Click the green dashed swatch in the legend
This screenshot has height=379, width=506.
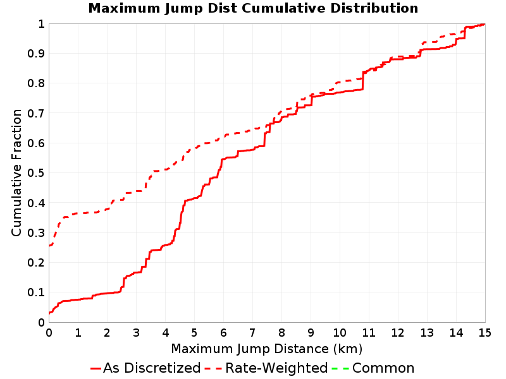(340, 368)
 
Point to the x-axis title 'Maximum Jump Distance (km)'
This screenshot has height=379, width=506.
(266, 349)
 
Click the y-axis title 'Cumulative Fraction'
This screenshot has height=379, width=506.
(16, 172)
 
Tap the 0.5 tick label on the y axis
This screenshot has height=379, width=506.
(36, 172)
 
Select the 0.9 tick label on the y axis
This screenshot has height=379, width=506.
(36, 53)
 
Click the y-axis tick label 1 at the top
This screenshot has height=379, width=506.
(41, 23)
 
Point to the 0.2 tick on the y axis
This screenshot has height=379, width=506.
(36, 262)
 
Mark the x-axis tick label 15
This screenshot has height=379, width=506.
(484, 332)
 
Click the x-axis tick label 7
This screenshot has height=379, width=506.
(252, 332)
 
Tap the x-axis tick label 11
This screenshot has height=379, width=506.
(369, 332)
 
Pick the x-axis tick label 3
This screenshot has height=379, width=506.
(136, 332)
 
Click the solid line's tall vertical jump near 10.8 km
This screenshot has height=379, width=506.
(362, 81)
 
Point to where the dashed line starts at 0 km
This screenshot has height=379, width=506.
(49, 246)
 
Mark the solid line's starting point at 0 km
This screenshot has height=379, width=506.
(49, 313)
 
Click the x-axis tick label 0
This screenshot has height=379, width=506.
(49, 332)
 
